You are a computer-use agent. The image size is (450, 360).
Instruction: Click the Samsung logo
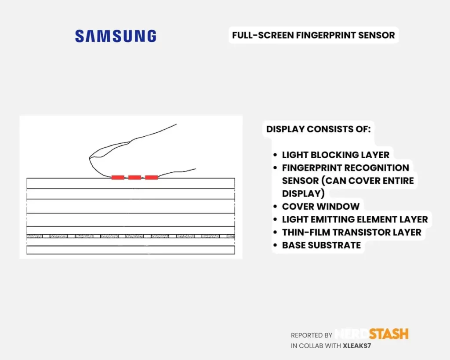coord(116,36)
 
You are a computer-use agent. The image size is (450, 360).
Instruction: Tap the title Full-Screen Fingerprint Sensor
coord(313,35)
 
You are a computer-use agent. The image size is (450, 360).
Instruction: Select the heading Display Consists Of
coord(318,129)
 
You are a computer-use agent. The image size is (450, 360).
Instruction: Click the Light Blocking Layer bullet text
coord(335,155)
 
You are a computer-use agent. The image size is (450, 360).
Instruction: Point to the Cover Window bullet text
coord(320,207)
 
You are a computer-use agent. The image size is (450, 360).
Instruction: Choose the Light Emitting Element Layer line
coord(355,219)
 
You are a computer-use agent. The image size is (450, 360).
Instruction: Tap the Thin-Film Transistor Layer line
coord(352,232)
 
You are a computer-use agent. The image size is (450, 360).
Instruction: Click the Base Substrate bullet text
coord(321,245)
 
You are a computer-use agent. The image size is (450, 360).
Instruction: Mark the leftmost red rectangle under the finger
coord(118,178)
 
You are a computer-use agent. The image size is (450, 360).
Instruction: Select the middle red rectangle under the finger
coord(134,178)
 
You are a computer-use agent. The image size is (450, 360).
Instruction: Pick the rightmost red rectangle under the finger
coord(152,178)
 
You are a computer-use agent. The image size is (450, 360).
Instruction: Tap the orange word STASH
coord(388,334)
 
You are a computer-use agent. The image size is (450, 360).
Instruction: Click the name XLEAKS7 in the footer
coord(357,346)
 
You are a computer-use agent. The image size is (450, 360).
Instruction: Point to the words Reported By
coord(312,335)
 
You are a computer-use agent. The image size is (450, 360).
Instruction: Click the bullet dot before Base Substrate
coord(275,245)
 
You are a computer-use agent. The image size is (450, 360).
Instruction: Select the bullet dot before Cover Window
coord(275,207)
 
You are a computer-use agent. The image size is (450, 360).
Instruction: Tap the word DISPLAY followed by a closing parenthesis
coord(303,193)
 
